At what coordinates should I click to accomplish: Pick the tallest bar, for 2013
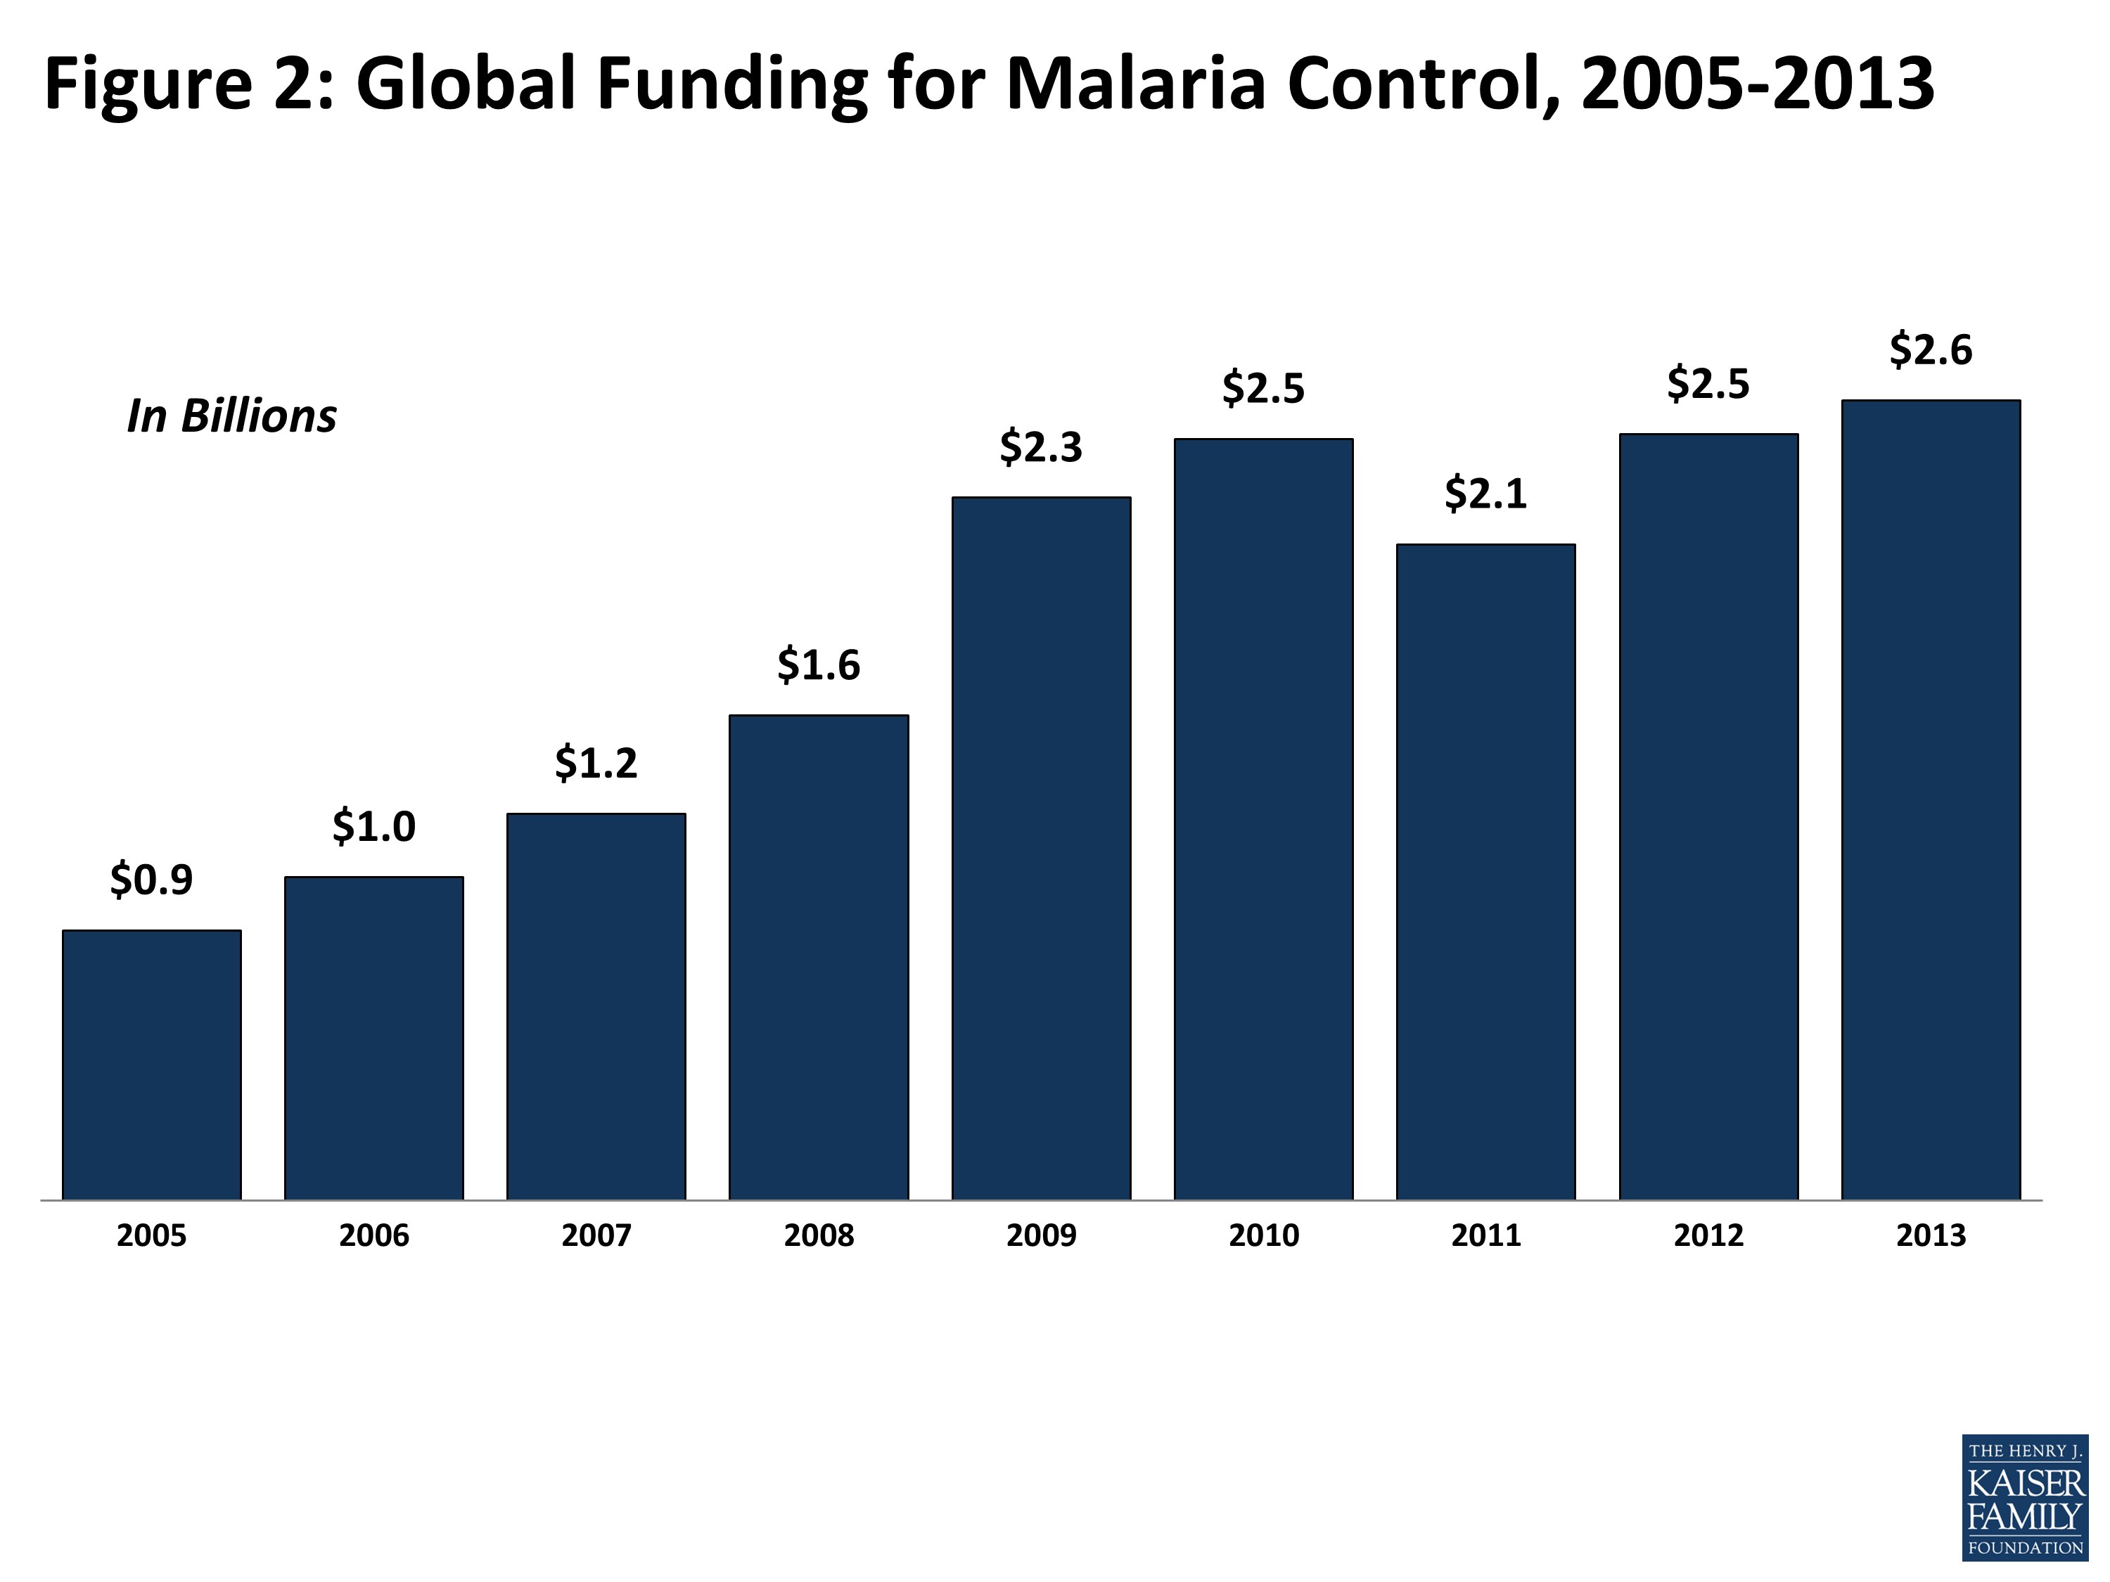1931,799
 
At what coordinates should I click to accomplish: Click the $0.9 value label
152,879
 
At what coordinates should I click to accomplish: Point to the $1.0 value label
374,826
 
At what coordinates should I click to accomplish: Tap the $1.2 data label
596,763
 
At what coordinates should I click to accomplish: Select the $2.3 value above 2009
1041,447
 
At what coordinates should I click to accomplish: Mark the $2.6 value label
1931,350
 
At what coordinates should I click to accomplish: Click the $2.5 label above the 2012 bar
1708,385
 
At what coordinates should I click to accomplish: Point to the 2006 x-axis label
374,1236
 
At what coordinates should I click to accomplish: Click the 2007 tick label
596,1236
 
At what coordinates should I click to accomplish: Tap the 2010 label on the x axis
1264,1236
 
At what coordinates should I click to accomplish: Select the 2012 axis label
1708,1236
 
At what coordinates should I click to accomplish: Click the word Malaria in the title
1135,84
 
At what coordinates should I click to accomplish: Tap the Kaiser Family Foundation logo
2025,1497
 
